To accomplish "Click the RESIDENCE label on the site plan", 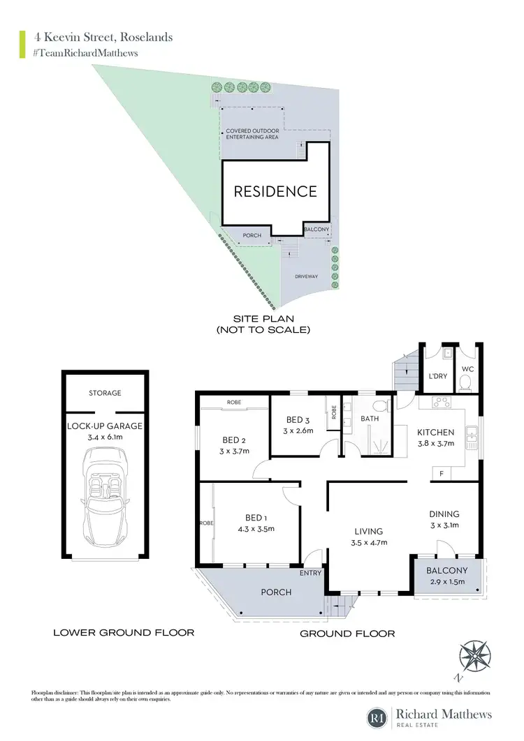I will click(275, 191).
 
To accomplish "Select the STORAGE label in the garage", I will click(105, 393).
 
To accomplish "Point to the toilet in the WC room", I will click(464, 382).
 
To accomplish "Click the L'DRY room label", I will click(437, 377).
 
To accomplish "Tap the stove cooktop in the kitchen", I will click(442, 402).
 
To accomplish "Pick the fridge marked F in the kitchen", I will click(442, 473).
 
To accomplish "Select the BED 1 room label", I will click(256, 517).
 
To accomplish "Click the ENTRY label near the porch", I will click(310, 573).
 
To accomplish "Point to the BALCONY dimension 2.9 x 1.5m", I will click(448, 581).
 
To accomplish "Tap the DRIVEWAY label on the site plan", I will click(305, 276).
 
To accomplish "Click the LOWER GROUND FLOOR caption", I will click(124, 633).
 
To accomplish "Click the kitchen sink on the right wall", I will click(473, 436).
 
